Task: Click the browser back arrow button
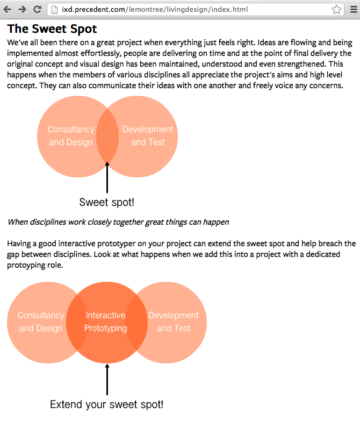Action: (x=8, y=9)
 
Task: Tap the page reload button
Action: (x=37, y=9)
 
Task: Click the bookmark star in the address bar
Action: (x=336, y=9)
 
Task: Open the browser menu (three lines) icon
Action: (x=353, y=9)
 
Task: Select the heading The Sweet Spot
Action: (x=52, y=28)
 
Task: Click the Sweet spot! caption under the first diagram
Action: (x=106, y=202)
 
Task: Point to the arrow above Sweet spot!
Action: (x=107, y=177)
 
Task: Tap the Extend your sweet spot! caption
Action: (x=106, y=404)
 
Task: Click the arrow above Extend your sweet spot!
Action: (x=107, y=379)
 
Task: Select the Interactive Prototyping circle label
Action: (x=106, y=321)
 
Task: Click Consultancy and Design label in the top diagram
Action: (x=71, y=135)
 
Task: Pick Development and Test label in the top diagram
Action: (x=148, y=135)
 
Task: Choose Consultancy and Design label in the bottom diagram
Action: (x=41, y=321)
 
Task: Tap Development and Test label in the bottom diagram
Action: (x=174, y=321)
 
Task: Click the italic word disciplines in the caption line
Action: (x=50, y=222)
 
